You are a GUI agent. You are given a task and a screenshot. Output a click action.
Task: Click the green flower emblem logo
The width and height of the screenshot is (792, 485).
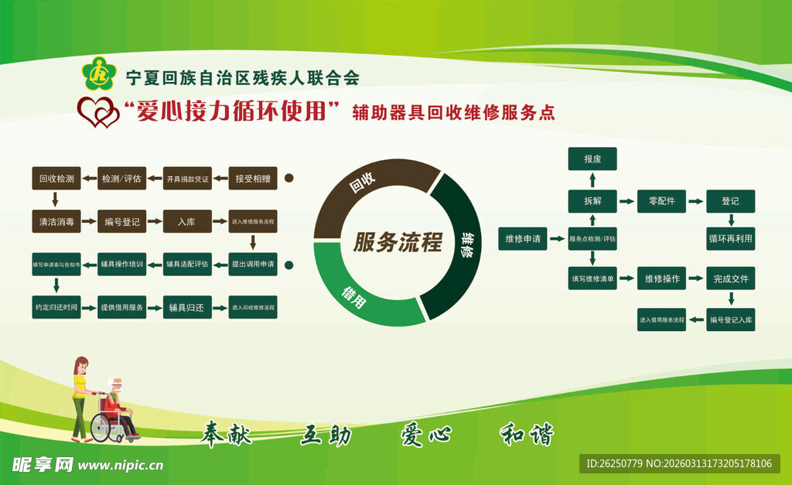pyautogui.click(x=98, y=74)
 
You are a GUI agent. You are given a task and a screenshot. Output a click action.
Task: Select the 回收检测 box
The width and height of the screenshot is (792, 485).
pyautogui.click(x=56, y=178)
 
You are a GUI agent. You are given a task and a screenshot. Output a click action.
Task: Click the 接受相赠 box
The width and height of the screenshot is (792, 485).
pyautogui.click(x=253, y=178)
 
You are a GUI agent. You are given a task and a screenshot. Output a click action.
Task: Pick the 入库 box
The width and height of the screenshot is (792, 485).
pyautogui.click(x=186, y=221)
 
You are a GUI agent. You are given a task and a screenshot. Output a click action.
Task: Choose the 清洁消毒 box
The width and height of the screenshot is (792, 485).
pyautogui.click(x=56, y=221)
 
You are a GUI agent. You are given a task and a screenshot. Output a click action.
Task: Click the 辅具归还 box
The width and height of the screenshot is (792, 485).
pyautogui.click(x=186, y=307)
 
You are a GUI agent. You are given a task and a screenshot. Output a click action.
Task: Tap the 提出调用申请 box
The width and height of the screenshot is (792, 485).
pyautogui.click(x=253, y=265)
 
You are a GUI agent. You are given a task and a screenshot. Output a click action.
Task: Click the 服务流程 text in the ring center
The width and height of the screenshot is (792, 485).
pyautogui.click(x=397, y=243)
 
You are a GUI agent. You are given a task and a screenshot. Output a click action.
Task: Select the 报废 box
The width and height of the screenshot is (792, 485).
pyautogui.click(x=592, y=159)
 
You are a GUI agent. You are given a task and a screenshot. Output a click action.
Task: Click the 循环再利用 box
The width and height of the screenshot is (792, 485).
pyautogui.click(x=730, y=238)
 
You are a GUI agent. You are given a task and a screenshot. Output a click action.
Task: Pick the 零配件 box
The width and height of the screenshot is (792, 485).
pyautogui.click(x=661, y=201)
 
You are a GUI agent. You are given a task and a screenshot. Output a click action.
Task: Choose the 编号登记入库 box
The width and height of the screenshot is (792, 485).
pyautogui.click(x=730, y=319)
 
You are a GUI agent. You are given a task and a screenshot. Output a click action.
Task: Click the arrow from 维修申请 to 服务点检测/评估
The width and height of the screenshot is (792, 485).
pyautogui.click(x=557, y=239)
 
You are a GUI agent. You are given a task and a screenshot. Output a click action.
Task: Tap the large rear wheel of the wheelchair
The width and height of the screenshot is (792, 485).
pyautogui.click(x=103, y=427)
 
